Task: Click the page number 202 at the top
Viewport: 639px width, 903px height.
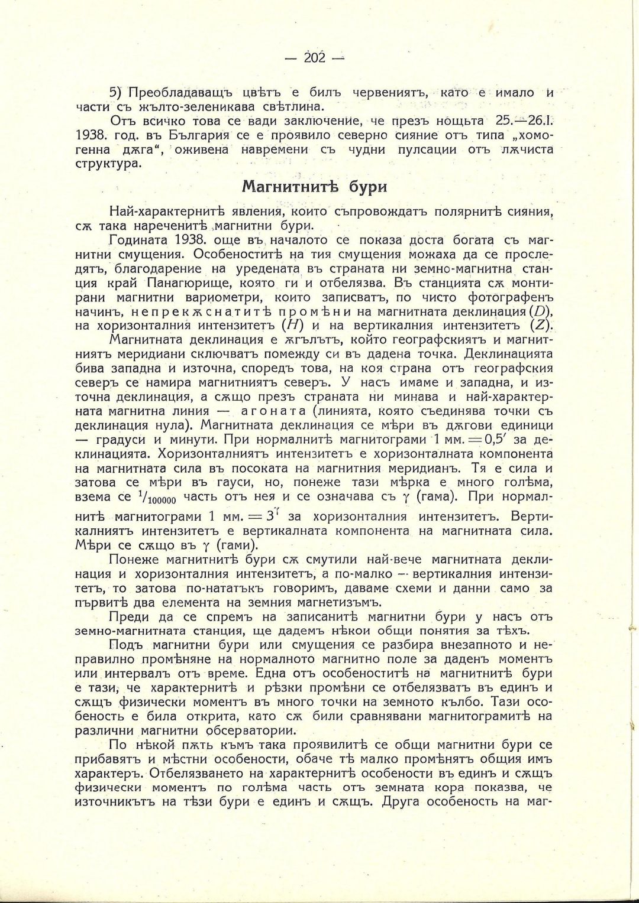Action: pyautogui.click(x=314, y=57)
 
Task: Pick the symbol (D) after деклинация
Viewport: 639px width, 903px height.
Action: pyautogui.click(x=540, y=311)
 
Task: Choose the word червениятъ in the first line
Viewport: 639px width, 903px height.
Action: pyautogui.click(x=384, y=93)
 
